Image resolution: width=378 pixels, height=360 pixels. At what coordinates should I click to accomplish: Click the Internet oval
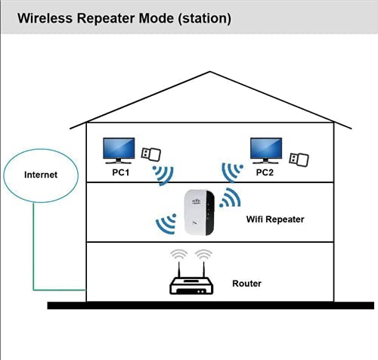coord(40,175)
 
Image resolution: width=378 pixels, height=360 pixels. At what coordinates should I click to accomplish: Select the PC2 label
coord(265,172)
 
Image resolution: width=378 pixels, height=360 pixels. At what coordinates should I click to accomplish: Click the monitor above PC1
coord(119,150)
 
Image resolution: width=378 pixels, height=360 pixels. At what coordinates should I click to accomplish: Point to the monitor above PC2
coord(265,150)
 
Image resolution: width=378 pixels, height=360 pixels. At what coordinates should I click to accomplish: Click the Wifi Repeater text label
coord(275,219)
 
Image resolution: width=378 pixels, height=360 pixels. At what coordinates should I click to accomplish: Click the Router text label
coord(246,284)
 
